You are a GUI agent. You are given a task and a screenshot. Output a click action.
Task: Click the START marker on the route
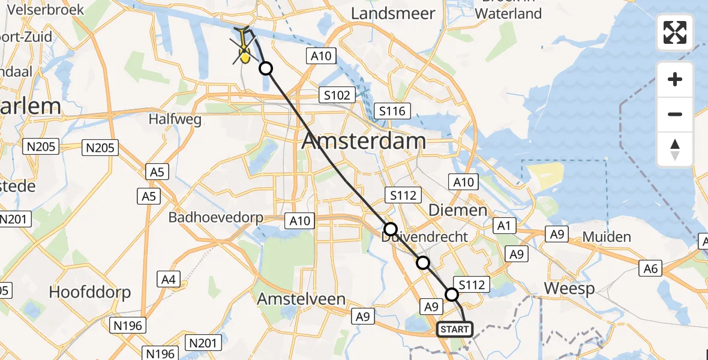(x=454, y=329)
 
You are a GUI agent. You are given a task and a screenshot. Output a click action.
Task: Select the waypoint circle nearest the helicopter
(x=265, y=69)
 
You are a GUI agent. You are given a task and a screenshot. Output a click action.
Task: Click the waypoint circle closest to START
(x=452, y=294)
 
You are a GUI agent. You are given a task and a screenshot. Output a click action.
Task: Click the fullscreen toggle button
(x=675, y=32)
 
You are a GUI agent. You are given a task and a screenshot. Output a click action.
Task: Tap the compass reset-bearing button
(x=675, y=149)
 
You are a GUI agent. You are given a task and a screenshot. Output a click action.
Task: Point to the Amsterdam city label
(x=364, y=142)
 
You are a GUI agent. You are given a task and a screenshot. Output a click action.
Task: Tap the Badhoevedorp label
(x=215, y=217)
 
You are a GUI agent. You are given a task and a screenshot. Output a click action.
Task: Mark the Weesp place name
(x=569, y=289)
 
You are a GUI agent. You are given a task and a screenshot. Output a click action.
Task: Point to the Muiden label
(x=607, y=237)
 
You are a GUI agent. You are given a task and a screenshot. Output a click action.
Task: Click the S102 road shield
(x=337, y=95)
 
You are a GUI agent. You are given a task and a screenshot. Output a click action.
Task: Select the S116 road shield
(x=392, y=111)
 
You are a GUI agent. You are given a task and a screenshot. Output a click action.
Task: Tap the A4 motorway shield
(x=169, y=278)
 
